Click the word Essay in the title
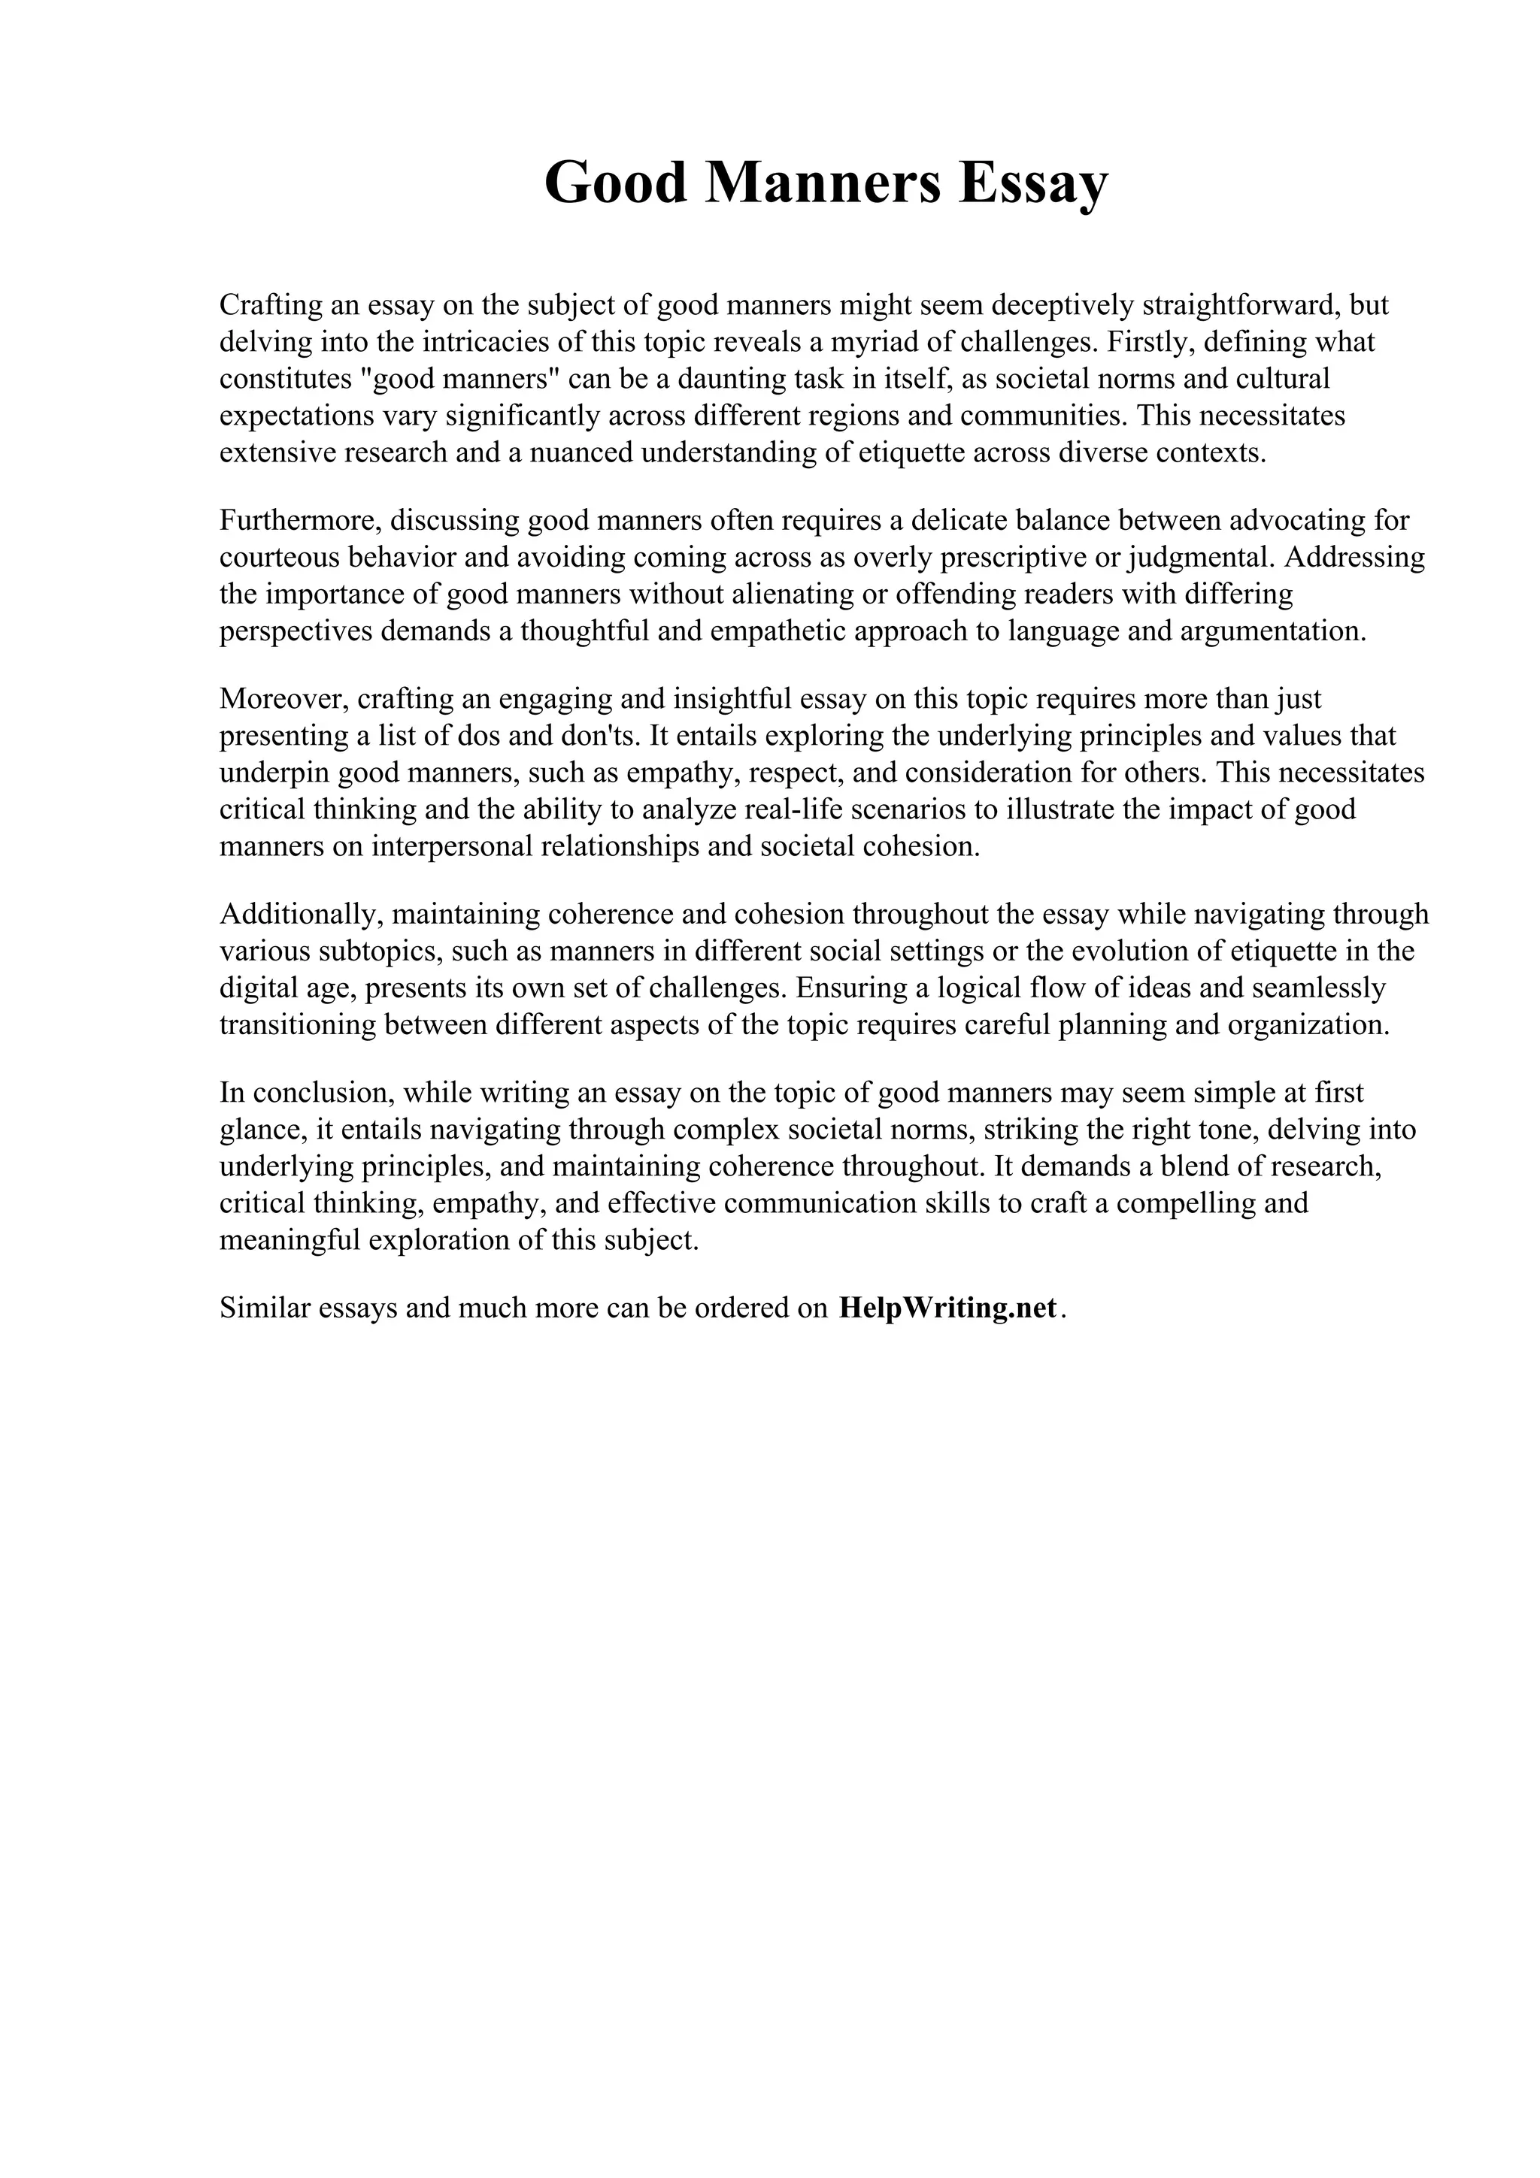tap(1032, 182)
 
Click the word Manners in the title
tap(823, 182)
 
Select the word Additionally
tap(301, 915)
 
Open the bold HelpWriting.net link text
tap(947, 1308)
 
